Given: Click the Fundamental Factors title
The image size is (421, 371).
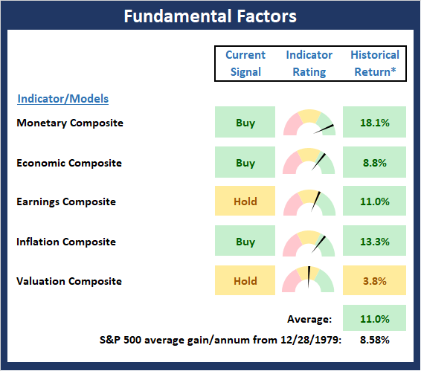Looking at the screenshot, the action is (210, 16).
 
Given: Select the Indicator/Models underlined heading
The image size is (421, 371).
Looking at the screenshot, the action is (62, 99).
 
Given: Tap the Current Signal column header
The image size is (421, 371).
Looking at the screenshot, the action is (245, 63).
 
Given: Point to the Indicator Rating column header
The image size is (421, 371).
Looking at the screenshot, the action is (309, 63).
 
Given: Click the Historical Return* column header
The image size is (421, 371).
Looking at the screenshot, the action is (375, 63).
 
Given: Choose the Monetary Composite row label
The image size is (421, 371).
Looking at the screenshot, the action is (70, 123).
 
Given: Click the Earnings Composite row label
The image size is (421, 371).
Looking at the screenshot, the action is (66, 202).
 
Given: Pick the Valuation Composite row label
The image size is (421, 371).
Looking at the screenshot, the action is (69, 281).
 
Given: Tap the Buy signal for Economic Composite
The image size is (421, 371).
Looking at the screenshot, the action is (245, 163).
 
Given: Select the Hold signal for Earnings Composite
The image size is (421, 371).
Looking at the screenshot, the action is (245, 201).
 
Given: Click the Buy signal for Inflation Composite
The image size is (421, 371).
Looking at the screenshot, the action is (245, 242).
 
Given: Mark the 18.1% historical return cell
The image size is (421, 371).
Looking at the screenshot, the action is (375, 123).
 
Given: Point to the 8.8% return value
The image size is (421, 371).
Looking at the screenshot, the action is (375, 163).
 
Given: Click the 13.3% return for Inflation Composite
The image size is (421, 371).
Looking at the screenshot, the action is (375, 242).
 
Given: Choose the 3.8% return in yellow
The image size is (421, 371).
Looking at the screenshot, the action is (375, 281).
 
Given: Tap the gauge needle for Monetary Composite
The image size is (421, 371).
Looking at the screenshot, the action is (324, 129).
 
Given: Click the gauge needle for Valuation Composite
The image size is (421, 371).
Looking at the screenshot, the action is (309, 277).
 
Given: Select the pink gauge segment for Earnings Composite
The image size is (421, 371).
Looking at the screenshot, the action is (292, 204).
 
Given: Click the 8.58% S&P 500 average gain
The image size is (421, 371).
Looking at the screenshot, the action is (375, 340).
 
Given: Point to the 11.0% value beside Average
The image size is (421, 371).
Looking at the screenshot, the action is (375, 319).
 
